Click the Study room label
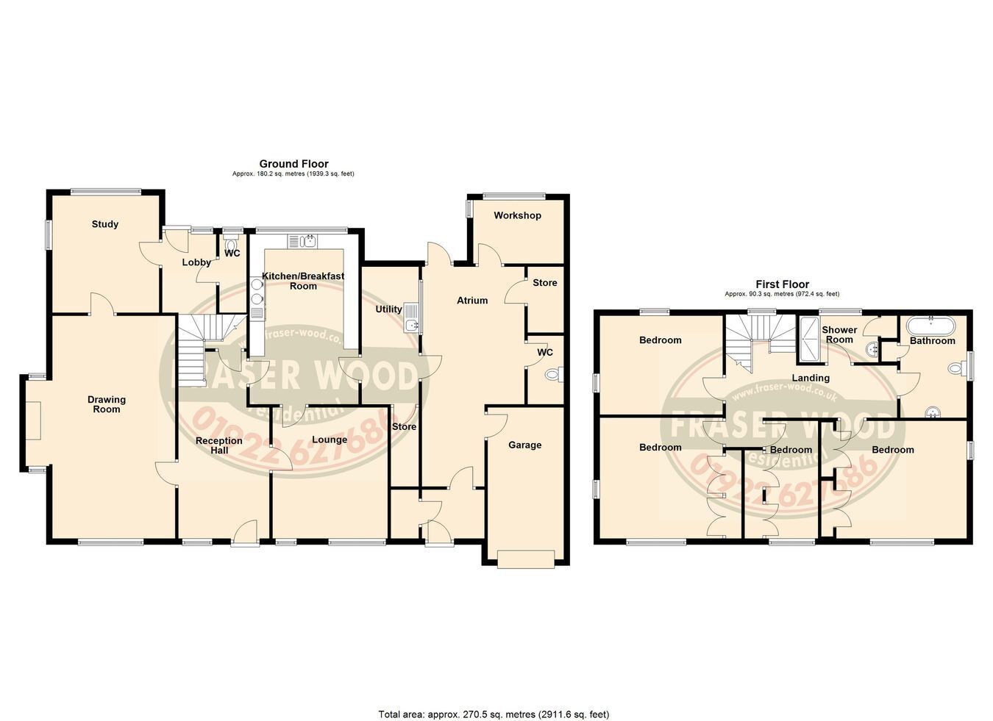[x=105, y=224]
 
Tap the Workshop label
[x=517, y=215]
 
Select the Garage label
[x=525, y=445]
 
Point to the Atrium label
[x=472, y=301]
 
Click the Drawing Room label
[x=107, y=404]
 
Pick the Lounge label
[x=330, y=440]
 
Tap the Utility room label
[x=388, y=309]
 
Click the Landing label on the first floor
[x=811, y=379]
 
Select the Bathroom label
[x=932, y=341]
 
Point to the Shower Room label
[x=839, y=335]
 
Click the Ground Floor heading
[x=294, y=164]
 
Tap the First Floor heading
[x=783, y=284]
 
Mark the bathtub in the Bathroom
[x=930, y=326]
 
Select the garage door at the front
[x=526, y=559]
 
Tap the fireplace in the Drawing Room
[x=34, y=420]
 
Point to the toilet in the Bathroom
[x=958, y=368]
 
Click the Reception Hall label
[x=219, y=445]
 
